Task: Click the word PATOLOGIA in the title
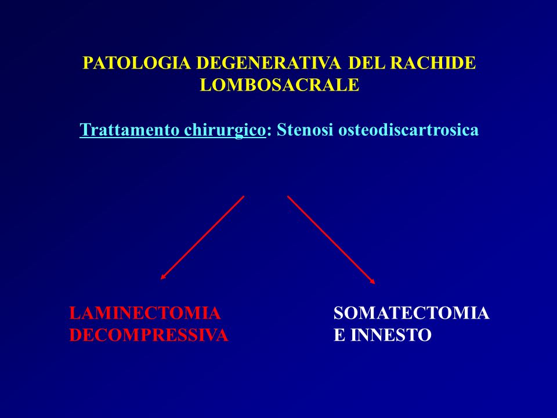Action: (x=137, y=63)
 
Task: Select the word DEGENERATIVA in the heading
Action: (x=269, y=63)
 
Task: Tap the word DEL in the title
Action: (x=367, y=63)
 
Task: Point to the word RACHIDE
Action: (x=433, y=63)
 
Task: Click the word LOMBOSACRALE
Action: (x=280, y=85)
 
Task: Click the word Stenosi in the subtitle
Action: (x=305, y=129)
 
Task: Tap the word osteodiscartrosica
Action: (x=408, y=129)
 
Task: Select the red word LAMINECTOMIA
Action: (x=145, y=313)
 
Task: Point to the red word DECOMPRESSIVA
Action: (x=149, y=335)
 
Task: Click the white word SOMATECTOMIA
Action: (x=411, y=313)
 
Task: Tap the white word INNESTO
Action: (x=390, y=335)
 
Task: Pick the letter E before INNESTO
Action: (x=339, y=335)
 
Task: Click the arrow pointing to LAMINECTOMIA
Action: (x=202, y=237)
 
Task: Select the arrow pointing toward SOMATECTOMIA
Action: (x=331, y=240)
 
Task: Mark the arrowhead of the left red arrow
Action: (x=162, y=278)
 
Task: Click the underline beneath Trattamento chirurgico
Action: (x=173, y=137)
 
